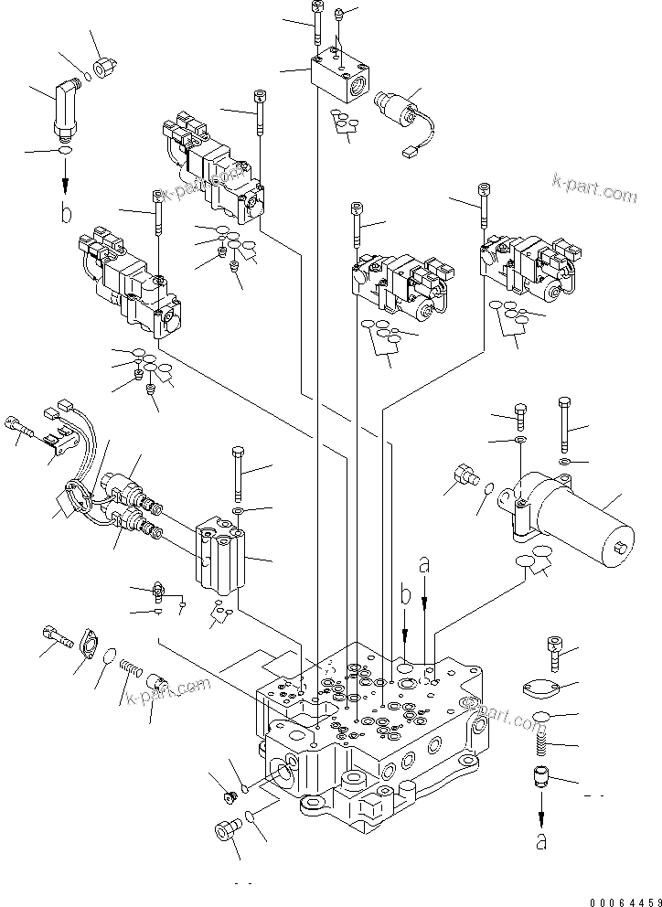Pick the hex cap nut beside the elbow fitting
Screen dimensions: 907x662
tap(107, 67)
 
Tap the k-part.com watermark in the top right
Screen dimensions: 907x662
tap(593, 189)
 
